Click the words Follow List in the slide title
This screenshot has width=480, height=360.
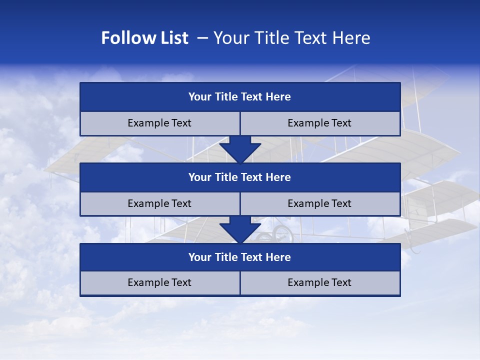tap(144, 38)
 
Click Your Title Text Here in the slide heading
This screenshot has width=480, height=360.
tap(291, 38)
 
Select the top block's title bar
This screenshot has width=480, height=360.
tap(240, 97)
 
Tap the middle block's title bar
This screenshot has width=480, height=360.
tap(240, 177)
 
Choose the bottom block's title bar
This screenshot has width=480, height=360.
tap(240, 257)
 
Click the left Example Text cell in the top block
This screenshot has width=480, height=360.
tap(160, 123)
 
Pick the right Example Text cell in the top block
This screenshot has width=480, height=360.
tap(320, 123)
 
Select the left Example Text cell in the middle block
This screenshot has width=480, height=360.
tap(160, 203)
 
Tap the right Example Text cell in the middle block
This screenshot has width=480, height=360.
tap(320, 203)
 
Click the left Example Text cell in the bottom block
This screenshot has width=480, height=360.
tap(160, 282)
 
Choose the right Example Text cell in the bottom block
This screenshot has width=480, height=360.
tap(320, 282)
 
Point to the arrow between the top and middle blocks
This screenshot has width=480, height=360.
tap(240, 149)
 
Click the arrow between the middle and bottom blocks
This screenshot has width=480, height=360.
tap(240, 229)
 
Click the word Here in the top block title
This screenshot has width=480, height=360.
tap(278, 97)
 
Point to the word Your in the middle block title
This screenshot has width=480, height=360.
tap(199, 177)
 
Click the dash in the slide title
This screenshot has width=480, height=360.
tap(203, 38)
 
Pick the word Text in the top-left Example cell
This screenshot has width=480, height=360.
tap(181, 123)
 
